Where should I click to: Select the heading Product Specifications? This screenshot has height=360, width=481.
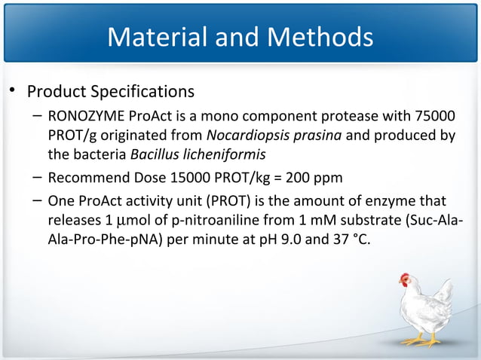111,92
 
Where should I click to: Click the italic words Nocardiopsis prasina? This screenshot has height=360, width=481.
264,136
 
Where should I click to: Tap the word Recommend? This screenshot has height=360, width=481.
83,179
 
